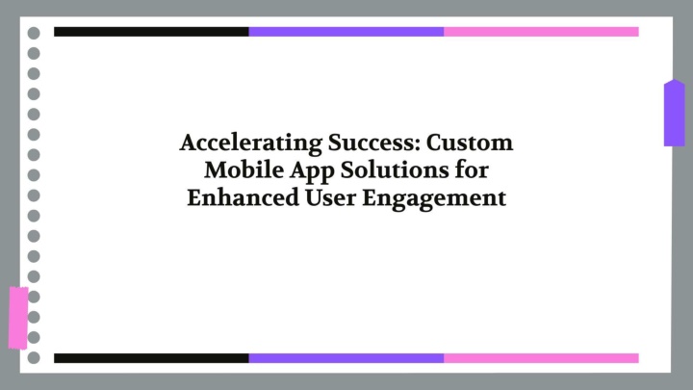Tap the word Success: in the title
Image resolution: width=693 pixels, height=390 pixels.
click(373, 143)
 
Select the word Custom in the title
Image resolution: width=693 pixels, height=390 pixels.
click(470, 143)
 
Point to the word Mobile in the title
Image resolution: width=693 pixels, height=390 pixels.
click(244, 169)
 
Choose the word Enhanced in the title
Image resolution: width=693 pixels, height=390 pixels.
click(244, 197)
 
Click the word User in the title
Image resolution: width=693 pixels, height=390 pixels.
click(330, 197)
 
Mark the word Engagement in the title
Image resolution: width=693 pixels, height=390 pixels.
click(434, 199)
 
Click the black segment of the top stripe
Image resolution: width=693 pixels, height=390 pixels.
click(151, 32)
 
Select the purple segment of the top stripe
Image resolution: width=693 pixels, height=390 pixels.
click(346, 32)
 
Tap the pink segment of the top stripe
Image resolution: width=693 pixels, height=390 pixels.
click(541, 32)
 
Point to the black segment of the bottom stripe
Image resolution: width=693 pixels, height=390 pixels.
click(151, 358)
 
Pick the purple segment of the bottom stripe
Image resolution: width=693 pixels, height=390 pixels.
click(346, 358)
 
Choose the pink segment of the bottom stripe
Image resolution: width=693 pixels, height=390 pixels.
click(541, 358)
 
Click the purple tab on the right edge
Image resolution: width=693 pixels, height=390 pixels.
click(675, 114)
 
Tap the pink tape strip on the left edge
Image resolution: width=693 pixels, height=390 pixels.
click(18, 318)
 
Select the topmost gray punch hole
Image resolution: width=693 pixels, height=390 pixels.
click(34, 33)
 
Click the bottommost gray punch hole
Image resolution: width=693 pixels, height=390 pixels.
click(34, 357)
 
